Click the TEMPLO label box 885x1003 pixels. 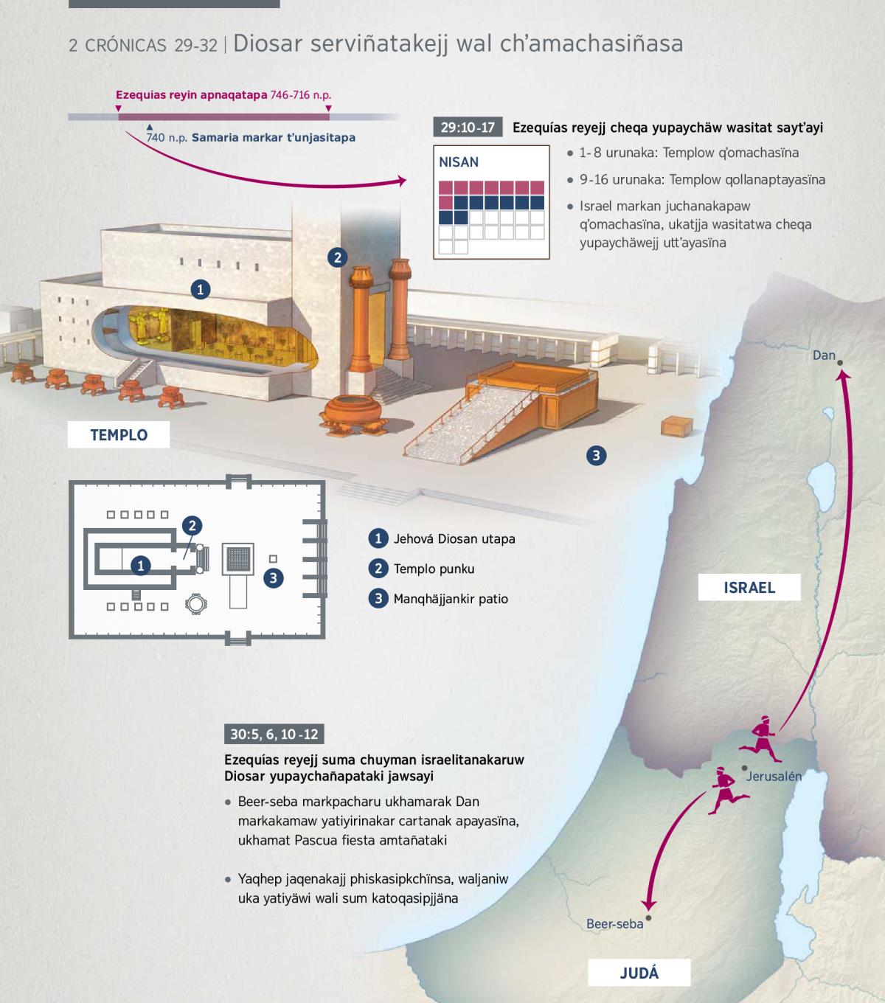coord(119,434)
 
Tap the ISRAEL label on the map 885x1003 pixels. coord(749,587)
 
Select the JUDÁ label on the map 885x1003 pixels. coord(639,973)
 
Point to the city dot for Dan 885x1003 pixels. coord(840,363)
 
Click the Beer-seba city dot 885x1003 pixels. coord(648,918)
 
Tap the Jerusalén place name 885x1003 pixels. coord(774,777)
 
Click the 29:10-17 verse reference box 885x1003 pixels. coord(468,128)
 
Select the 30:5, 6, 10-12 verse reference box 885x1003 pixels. coord(274,734)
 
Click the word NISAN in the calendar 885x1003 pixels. coord(459,162)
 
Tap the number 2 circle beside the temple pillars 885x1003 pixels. coord(337,257)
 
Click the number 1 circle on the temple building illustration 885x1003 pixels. coord(200,290)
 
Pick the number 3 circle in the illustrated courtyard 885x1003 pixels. coord(597,456)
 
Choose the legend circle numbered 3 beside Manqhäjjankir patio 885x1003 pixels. coord(378,599)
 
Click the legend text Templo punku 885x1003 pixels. coord(434,569)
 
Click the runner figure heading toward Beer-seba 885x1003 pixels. coord(728,791)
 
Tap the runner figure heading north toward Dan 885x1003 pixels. coord(760,739)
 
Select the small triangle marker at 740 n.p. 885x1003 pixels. coord(150,128)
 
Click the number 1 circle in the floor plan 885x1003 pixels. coord(141,566)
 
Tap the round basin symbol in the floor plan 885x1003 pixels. coord(195,604)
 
